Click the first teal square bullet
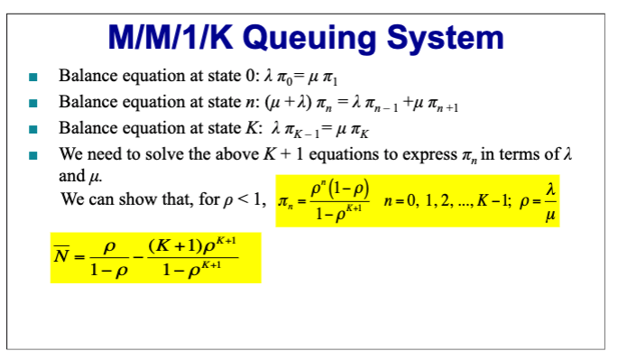click(x=32, y=78)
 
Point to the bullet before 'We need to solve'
click(x=32, y=155)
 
